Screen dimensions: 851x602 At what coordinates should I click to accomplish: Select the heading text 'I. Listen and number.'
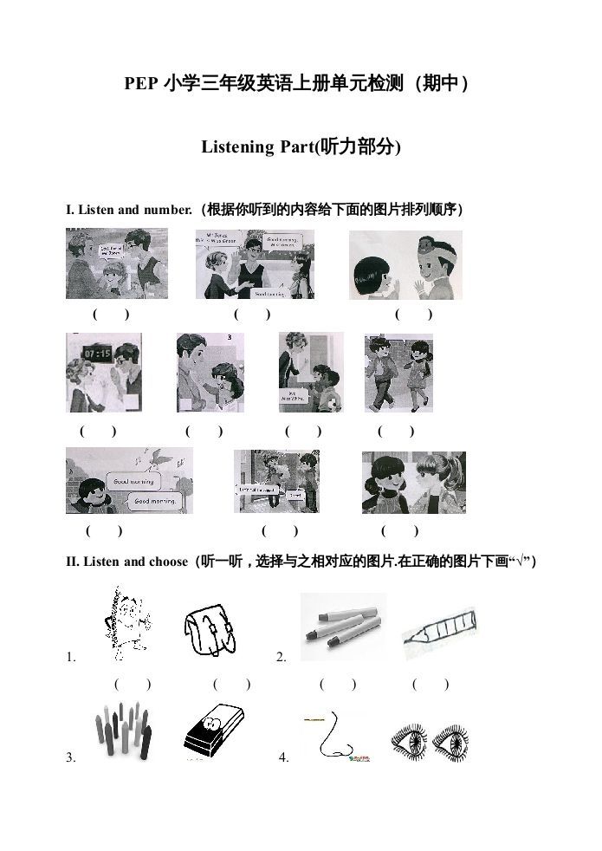(x=129, y=210)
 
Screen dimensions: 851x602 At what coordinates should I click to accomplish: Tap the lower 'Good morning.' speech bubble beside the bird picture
(x=154, y=500)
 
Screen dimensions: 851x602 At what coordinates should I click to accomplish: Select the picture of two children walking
(x=398, y=374)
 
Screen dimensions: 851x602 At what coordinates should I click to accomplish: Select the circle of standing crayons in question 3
(x=123, y=731)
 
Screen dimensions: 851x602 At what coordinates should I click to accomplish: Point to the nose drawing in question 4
(x=331, y=738)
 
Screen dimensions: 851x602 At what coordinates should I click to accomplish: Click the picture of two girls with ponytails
(x=413, y=483)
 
